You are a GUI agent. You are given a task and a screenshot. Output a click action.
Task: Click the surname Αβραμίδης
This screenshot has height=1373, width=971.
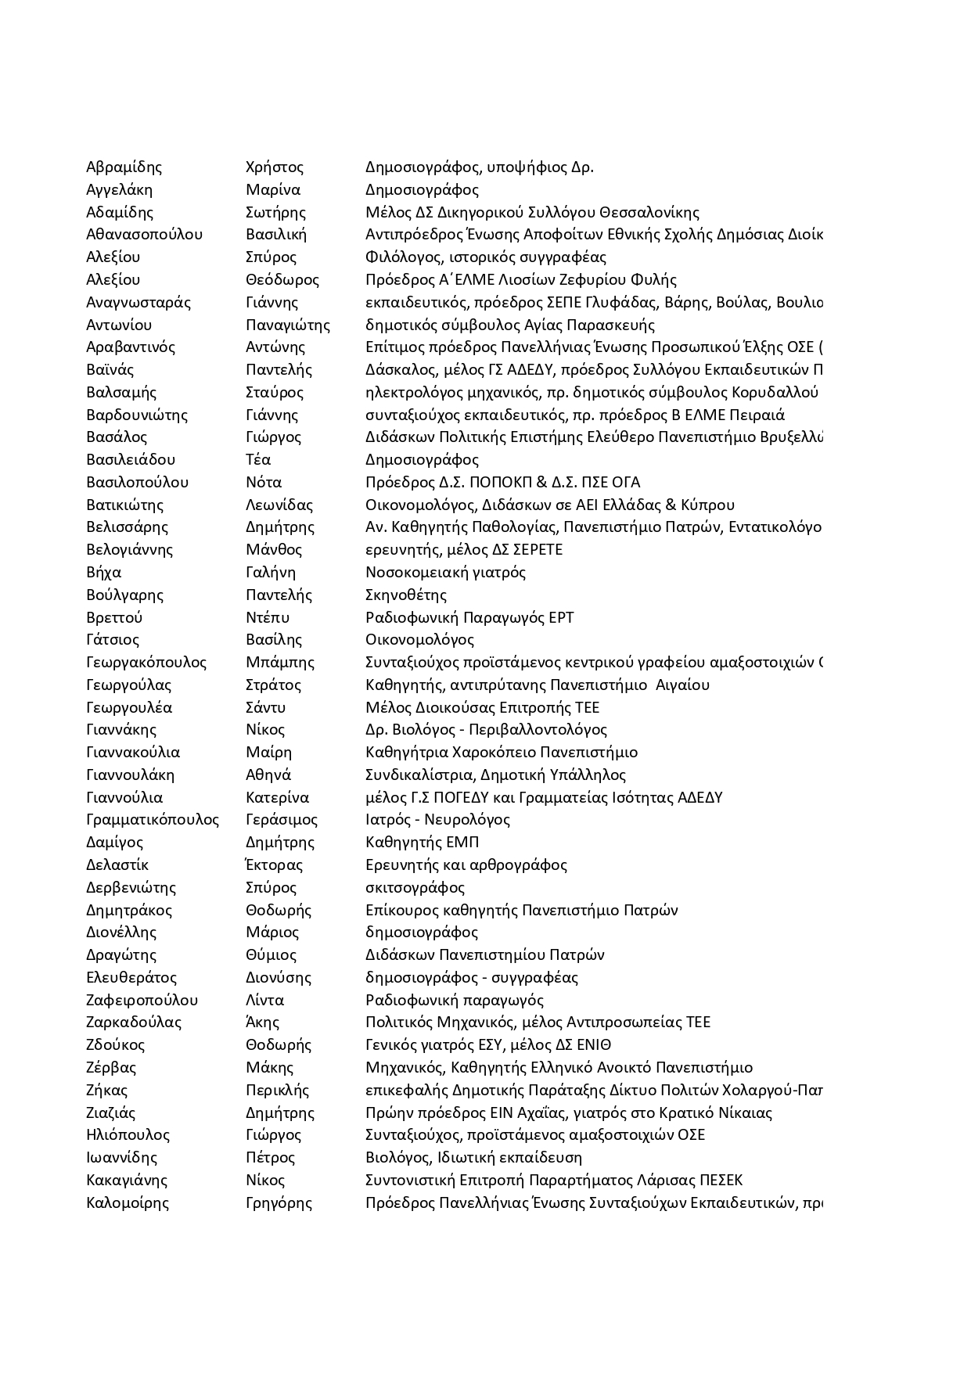pos(124,167)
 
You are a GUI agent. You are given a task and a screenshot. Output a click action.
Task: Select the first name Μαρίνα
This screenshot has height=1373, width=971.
pos(273,189)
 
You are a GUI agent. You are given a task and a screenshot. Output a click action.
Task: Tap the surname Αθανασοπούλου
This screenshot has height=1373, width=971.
pos(145,234)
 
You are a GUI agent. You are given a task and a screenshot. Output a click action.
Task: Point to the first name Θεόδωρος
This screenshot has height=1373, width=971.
pos(282,279)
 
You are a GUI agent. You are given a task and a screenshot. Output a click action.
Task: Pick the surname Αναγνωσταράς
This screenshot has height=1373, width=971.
pos(138,302)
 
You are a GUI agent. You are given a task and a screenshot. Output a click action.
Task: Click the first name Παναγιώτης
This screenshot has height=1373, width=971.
pos(288,325)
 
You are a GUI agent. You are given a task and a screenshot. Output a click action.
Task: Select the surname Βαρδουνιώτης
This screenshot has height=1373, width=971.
pos(137,415)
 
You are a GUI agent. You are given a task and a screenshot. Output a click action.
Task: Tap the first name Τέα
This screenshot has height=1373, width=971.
pos(258,459)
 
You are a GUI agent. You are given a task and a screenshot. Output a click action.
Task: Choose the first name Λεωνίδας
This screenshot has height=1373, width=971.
pos(279,505)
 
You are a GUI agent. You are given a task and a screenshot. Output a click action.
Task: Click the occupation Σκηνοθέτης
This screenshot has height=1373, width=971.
pos(406,595)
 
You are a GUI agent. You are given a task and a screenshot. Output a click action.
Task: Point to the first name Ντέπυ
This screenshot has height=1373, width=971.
pos(268,617)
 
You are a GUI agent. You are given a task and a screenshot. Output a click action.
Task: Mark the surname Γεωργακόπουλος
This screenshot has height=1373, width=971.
pos(146,663)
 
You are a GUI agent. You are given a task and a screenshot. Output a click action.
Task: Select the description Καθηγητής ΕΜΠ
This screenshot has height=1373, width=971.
pos(423,842)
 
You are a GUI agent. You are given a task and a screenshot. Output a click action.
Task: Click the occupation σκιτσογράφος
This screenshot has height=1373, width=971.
pos(415,887)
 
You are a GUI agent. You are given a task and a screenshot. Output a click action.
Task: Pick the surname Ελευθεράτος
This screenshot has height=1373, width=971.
pos(131,977)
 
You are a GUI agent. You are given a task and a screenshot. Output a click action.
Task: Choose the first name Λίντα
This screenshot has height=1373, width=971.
pos(265,1000)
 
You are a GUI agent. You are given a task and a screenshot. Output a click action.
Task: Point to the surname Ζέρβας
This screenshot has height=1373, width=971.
pos(111,1067)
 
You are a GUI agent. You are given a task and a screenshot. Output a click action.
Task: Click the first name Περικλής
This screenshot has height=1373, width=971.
pos(278,1090)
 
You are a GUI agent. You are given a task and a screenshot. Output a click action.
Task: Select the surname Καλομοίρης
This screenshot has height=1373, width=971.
pos(128,1202)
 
